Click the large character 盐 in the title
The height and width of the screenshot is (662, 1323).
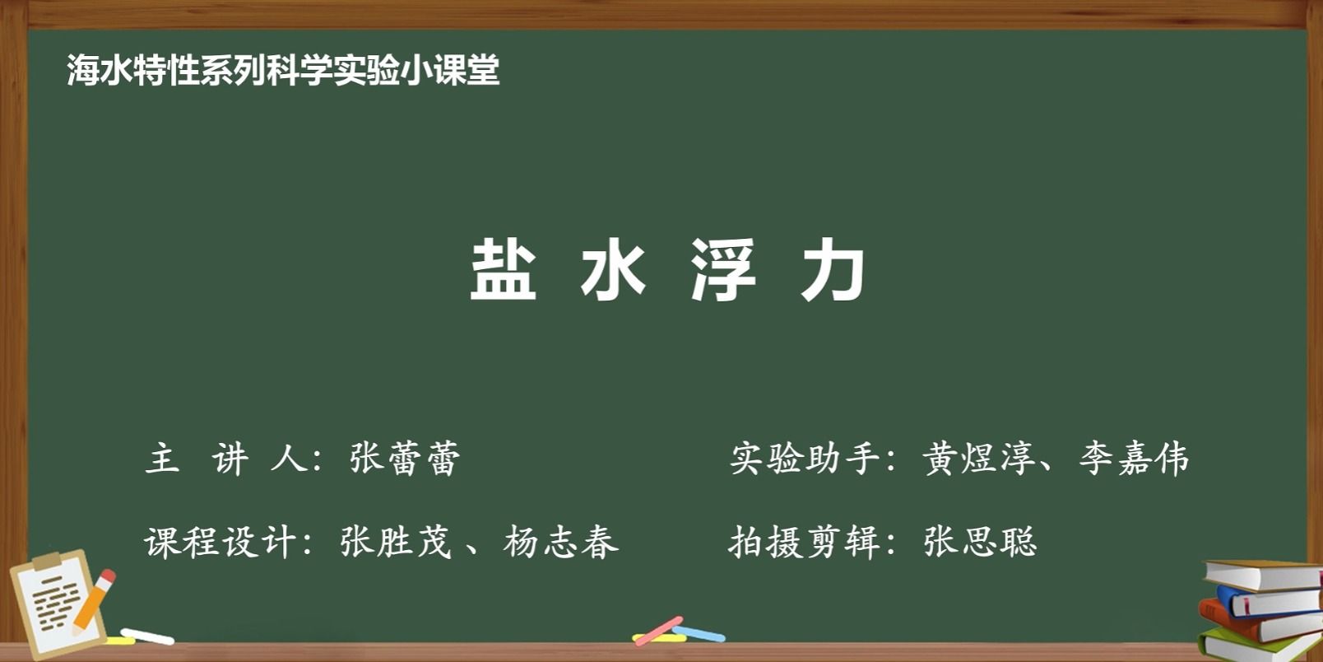503,269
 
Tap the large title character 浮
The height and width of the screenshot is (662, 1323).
723,269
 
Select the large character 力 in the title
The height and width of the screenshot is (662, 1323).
833,269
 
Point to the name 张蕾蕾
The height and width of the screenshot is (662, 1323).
405,458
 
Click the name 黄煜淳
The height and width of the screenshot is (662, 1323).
979,458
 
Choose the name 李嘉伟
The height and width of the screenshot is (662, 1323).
1134,458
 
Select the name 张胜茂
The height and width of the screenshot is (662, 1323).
396,542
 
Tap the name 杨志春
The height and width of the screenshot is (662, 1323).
561,542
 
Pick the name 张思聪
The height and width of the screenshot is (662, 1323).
981,542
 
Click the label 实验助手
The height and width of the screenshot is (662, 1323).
805,458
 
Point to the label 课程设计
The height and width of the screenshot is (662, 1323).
220,542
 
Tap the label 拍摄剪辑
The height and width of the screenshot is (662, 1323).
804,542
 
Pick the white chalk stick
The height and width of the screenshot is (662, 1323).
147,636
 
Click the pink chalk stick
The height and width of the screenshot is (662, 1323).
658,631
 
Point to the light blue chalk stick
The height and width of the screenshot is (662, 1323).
699,634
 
